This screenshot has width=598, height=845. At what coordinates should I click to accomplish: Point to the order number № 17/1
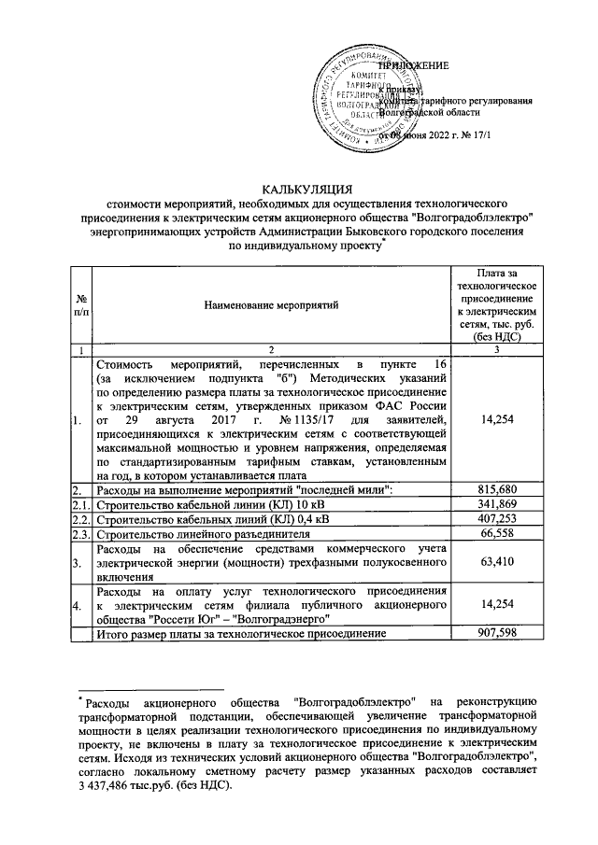tap(478, 137)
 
